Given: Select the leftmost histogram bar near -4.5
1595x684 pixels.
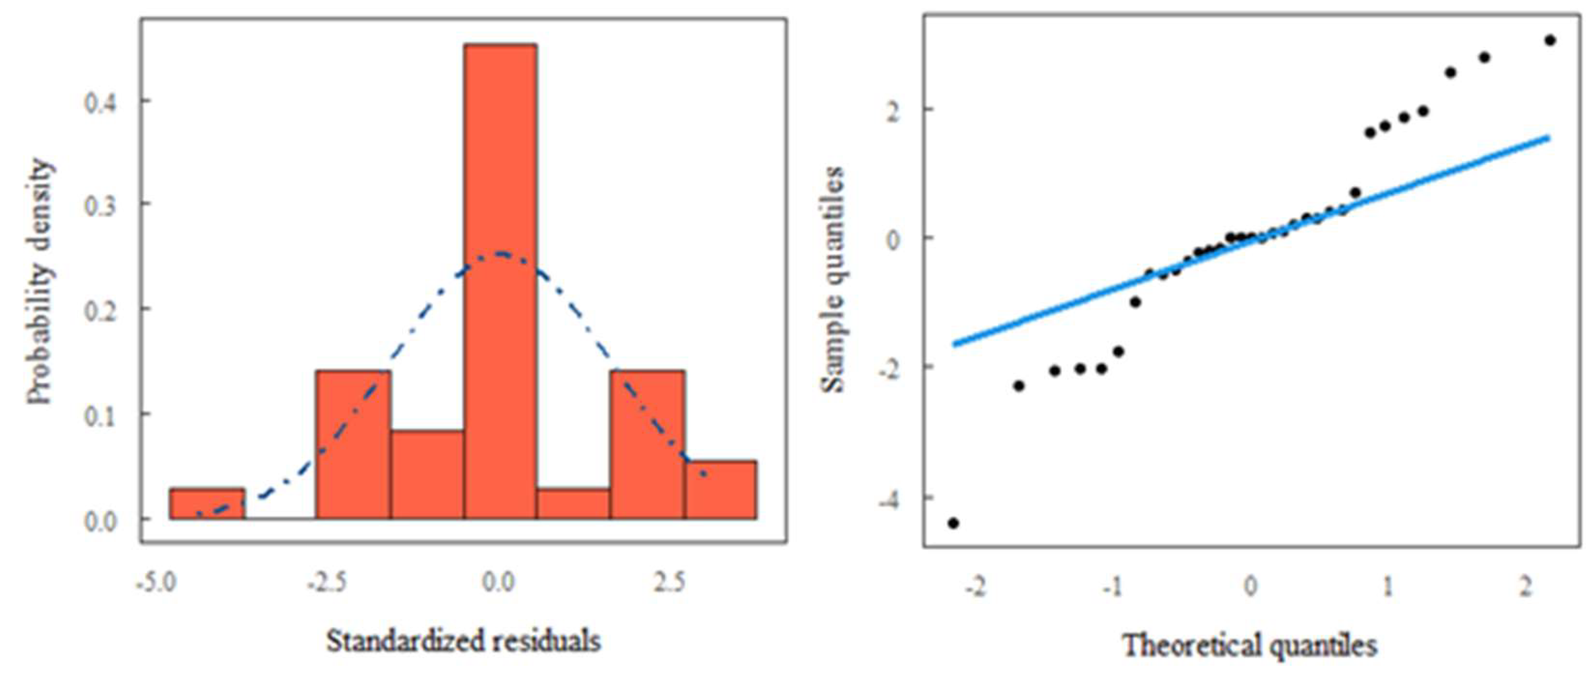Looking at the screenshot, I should pos(207,503).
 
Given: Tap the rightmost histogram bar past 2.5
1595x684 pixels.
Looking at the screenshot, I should pos(721,489).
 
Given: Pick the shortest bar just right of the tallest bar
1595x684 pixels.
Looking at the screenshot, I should pos(573,503).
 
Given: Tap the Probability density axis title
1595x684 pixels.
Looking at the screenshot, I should pos(40,282).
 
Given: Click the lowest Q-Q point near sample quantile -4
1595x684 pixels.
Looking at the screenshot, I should pos(953,523).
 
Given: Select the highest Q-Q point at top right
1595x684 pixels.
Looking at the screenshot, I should pos(1550,40).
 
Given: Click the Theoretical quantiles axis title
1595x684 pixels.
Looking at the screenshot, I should pos(1249,646).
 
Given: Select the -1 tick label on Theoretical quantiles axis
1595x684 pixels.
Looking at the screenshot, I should pos(1112,585).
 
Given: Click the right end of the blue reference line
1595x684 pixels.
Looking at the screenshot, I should pos(1549,137).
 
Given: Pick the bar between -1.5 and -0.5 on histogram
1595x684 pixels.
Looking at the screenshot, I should pos(427,474).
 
